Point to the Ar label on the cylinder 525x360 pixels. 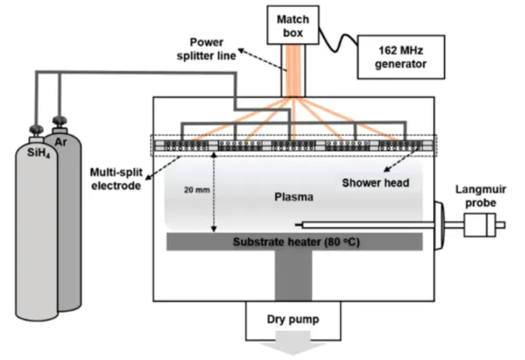click(x=60, y=138)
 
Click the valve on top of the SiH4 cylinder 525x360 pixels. click(x=37, y=131)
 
